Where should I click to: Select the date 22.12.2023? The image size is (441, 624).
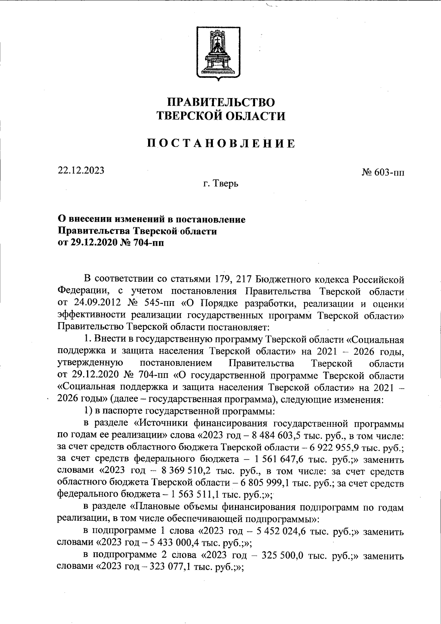tap(81, 170)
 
